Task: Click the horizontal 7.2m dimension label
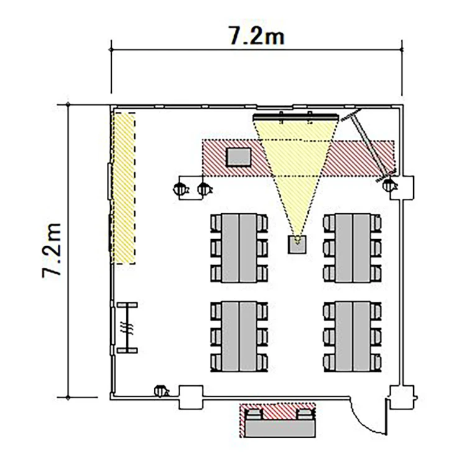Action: tap(256, 35)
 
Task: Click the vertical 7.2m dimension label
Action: tap(52, 250)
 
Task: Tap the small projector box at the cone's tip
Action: tap(297, 244)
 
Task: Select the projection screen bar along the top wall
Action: tap(296, 117)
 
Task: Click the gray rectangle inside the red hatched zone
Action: tap(239, 157)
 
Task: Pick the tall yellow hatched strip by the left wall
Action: tap(124, 188)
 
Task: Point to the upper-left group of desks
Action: tap(239, 248)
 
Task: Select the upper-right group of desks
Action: tap(352, 248)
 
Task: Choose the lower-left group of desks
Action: tap(239, 336)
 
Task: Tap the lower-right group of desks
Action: tap(352, 336)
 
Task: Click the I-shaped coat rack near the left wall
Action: tap(127, 328)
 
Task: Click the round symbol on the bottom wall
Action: tap(161, 391)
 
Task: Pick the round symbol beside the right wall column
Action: tap(390, 185)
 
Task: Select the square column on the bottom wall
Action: tap(191, 398)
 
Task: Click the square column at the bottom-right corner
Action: tap(402, 398)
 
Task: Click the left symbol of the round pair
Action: tap(180, 189)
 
